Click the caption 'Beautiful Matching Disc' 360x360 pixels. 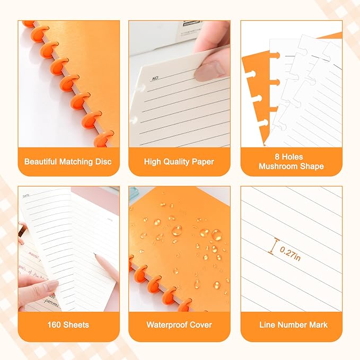tap(68, 161)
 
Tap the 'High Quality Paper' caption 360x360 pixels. tap(179, 161)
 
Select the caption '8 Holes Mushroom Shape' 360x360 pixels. tap(291, 161)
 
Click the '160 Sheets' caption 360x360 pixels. tap(68, 324)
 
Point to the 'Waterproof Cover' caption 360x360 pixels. tap(179, 324)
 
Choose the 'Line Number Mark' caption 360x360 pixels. tap(291, 324)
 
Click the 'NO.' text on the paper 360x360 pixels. tap(155, 78)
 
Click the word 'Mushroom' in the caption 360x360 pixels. tap(277, 166)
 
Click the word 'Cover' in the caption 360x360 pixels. tap(200, 324)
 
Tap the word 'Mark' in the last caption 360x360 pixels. tap(317, 324)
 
